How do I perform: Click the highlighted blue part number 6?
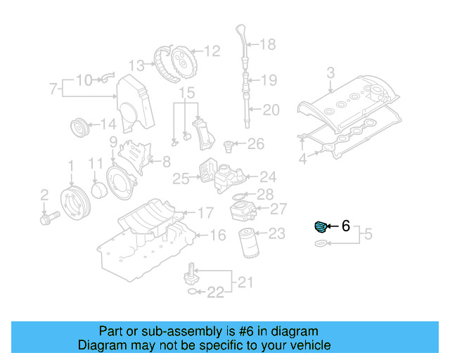pos(321,226)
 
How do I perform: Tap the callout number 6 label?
pos(345,226)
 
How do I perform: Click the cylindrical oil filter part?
pos(248,243)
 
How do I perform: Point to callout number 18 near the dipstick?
pos(268,45)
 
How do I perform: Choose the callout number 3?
pos(330,72)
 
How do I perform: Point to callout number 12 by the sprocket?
pos(212,51)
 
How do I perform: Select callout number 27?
pos(278,209)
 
